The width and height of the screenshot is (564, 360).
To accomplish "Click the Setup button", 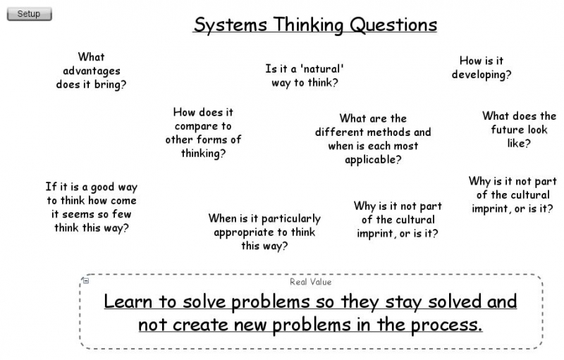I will coord(29,14).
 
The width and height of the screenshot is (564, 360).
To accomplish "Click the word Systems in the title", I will coord(230,25).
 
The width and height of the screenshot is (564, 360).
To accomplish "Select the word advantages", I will coord(92,70).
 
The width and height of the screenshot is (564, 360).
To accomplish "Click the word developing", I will coord(482,75).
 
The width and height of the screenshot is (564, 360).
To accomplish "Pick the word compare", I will coord(203,126).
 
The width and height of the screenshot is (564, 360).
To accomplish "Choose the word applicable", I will coord(373,160).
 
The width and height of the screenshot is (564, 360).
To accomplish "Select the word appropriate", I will coord(250,232).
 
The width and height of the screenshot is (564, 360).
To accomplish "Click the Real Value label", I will coord(310,282).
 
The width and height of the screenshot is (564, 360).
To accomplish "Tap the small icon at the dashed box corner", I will coord(85,281).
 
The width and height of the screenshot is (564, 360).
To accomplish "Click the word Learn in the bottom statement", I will coord(128,302).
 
